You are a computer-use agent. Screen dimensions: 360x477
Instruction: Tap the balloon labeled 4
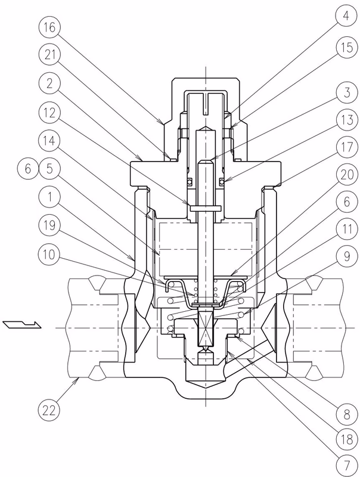(347, 16)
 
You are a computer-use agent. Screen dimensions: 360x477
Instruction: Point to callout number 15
(347, 48)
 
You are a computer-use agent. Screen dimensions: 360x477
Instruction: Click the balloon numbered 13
(347, 120)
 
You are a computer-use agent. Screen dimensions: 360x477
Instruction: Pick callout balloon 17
(347, 147)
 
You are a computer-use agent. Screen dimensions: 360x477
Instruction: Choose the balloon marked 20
(347, 175)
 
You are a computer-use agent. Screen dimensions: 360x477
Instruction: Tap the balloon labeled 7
(347, 465)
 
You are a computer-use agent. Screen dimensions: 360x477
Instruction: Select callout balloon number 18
(347, 439)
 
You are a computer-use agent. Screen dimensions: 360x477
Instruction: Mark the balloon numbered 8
(347, 414)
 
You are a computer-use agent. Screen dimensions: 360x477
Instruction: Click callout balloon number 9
(347, 256)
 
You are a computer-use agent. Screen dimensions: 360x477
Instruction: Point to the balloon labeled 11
(347, 229)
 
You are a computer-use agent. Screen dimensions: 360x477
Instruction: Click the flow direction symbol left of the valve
(22, 325)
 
